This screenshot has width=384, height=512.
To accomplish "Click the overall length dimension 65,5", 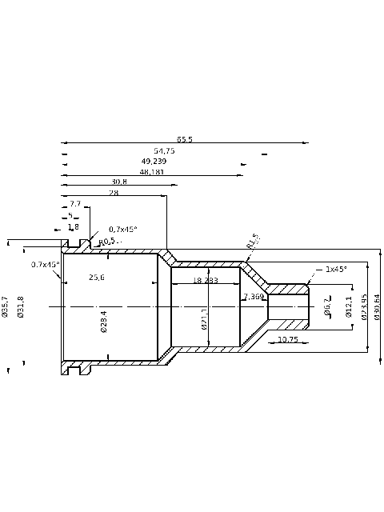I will pos(185,139).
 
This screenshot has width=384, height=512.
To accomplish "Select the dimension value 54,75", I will pos(164,150).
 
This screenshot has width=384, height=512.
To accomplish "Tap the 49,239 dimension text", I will pos(154,161).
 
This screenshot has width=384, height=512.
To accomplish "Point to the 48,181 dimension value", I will pos(151,171).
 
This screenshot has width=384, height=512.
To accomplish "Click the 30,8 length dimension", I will pos(119,182).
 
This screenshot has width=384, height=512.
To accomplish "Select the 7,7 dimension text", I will pos(75,205).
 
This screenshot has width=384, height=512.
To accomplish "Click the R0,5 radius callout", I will pos(106,241).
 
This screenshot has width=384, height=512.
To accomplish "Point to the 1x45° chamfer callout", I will pos(335,270).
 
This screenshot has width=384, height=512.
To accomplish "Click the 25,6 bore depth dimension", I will pos(97,277).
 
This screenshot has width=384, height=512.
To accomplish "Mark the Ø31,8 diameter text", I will pos(21,306).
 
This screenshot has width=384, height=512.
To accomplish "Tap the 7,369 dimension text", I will pos(254,297).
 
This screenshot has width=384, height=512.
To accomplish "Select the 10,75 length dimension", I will pos(287,340).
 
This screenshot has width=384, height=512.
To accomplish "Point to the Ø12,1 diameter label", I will pos(348,306).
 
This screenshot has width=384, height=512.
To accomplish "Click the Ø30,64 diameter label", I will pos(376,306).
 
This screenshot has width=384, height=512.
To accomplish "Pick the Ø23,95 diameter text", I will pos(364,306).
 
